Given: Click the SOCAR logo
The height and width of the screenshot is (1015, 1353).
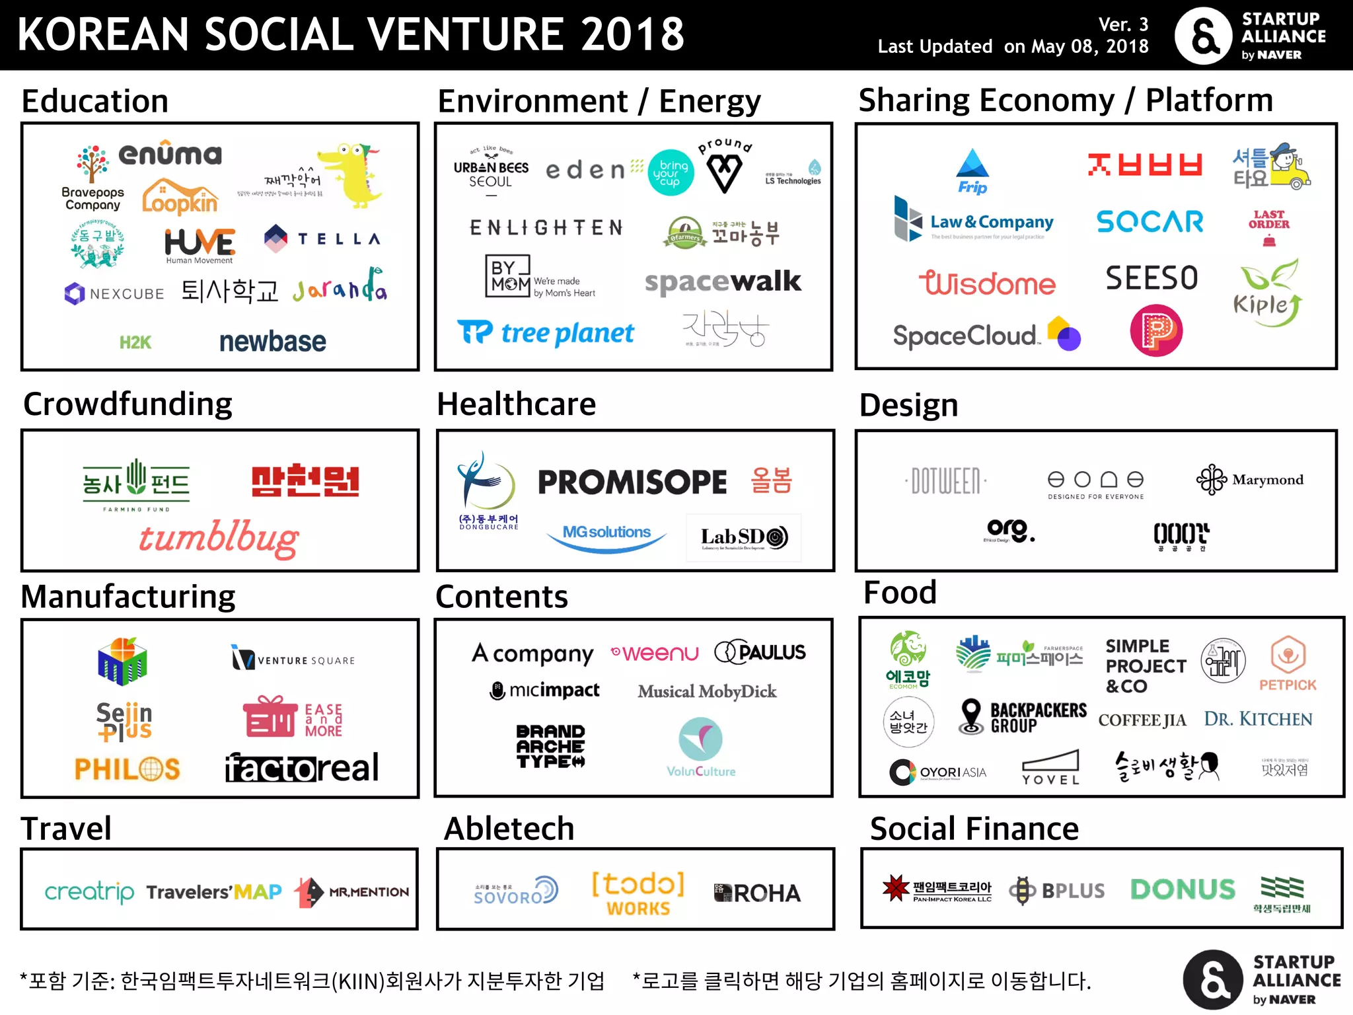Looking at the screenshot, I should (1150, 222).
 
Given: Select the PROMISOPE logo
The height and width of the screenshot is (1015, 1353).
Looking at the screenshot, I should (632, 482).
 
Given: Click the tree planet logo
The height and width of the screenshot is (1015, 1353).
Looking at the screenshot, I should (546, 333).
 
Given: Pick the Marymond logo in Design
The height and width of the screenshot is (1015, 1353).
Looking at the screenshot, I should (1250, 480).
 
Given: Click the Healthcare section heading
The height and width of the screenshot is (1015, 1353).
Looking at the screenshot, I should (516, 404).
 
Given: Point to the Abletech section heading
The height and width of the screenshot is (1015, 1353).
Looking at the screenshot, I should (509, 829).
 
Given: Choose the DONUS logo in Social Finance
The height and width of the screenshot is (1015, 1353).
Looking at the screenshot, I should (1183, 889).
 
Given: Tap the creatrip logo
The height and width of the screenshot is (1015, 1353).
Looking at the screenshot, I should (89, 892).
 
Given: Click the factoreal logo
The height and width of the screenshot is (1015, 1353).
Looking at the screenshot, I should (302, 768).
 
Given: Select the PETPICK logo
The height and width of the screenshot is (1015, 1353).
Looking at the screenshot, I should (1288, 663).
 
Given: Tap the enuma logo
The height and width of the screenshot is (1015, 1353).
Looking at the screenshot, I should (170, 154).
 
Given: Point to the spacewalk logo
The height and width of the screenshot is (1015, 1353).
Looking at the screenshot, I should (723, 282).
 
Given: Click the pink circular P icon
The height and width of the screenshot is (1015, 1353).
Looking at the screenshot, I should (1156, 330).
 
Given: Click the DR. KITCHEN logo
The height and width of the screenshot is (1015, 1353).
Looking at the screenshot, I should (1258, 719).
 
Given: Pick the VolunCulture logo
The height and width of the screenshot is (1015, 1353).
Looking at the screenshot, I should (701, 747).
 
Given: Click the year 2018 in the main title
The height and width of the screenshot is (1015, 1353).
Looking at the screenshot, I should (632, 34).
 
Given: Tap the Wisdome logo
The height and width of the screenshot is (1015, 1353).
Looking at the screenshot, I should (987, 283).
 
